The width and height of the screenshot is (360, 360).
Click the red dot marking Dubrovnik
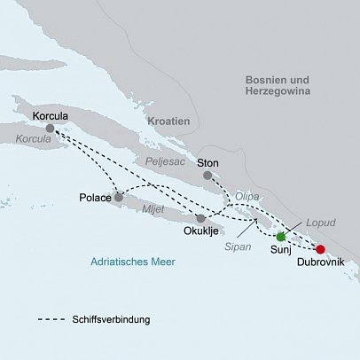point(321,249)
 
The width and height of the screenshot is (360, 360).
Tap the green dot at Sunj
point(281,237)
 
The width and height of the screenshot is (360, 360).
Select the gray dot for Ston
point(208,176)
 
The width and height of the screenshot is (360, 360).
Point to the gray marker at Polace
point(119,197)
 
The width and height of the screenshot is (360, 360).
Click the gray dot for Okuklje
point(201,218)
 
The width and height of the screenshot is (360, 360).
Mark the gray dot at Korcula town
point(50,129)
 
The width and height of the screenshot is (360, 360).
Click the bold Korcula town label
point(50,115)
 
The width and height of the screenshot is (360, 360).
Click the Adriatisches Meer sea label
point(133,262)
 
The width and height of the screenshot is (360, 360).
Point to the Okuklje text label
point(200,232)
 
